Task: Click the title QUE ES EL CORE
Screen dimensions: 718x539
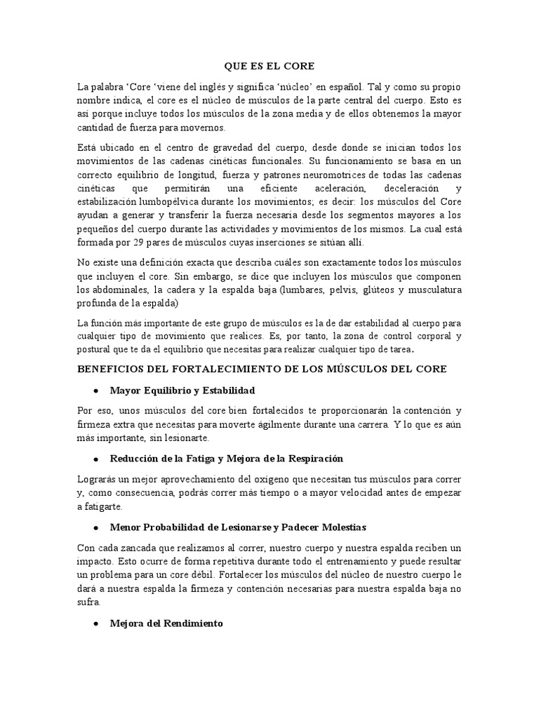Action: tap(269, 67)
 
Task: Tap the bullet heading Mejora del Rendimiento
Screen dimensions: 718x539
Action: tap(166, 622)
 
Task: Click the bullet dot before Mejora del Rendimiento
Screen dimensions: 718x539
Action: tap(94, 623)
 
